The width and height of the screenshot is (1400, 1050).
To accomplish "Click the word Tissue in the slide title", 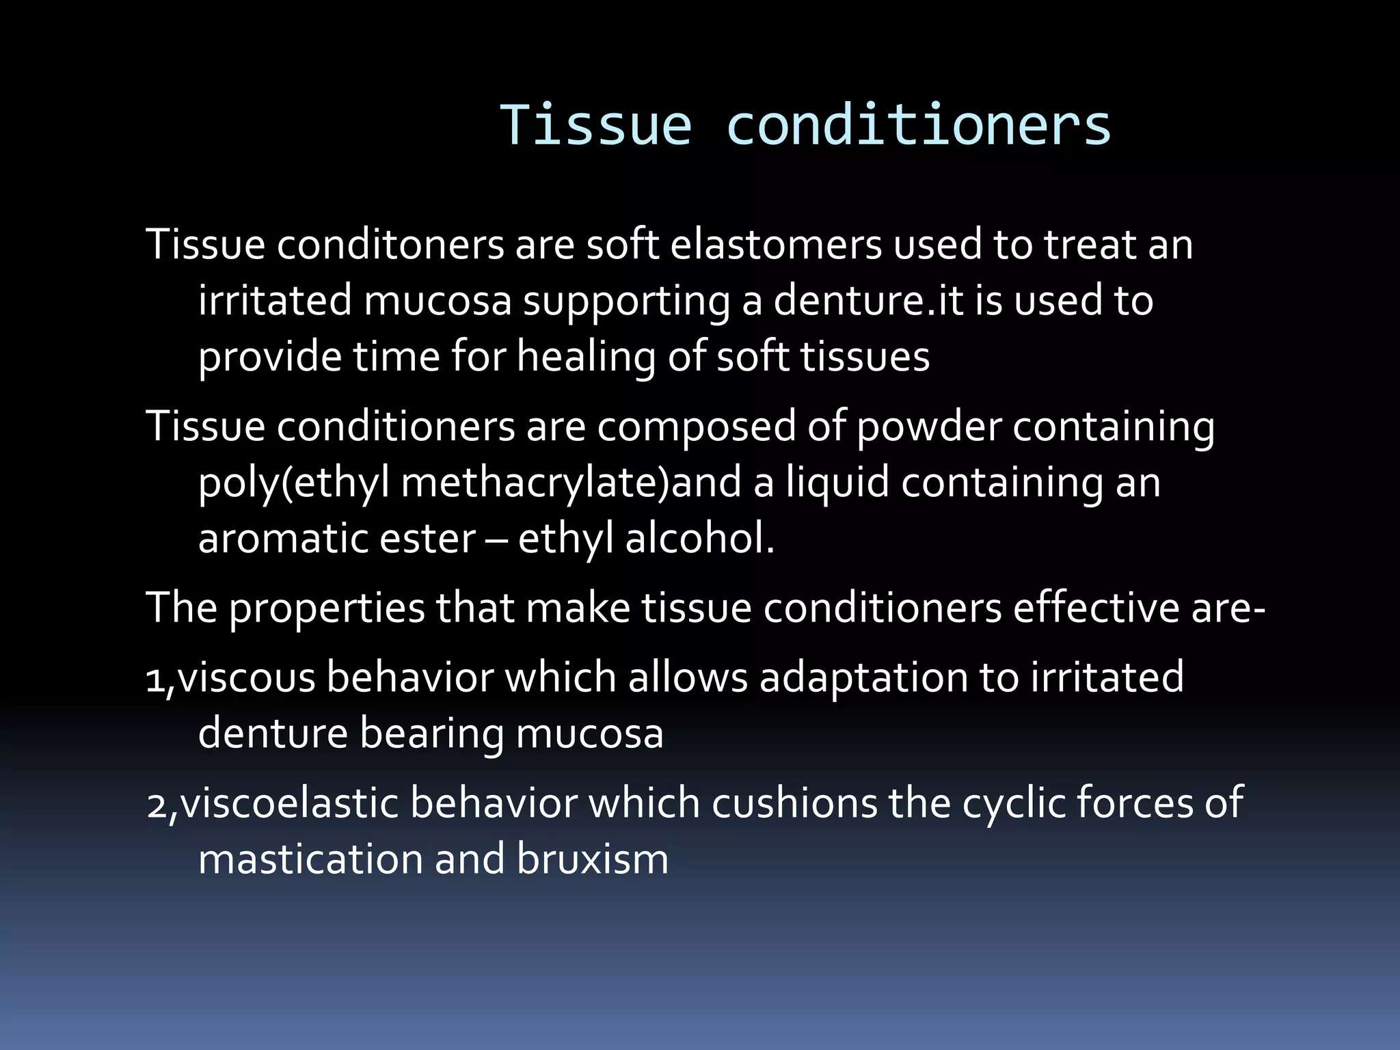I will pos(595,125).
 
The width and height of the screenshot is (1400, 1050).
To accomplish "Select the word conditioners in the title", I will pos(918,125).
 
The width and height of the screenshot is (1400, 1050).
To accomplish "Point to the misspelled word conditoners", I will pos(390,244).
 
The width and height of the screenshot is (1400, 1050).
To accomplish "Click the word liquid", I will pos(837,482).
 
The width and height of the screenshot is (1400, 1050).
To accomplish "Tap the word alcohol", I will pos(699,539).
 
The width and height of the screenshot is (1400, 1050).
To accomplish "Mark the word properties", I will pos(327,608).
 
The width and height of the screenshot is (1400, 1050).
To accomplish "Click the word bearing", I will pos(432,734).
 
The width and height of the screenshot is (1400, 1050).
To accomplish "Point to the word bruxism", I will pos(592,859).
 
